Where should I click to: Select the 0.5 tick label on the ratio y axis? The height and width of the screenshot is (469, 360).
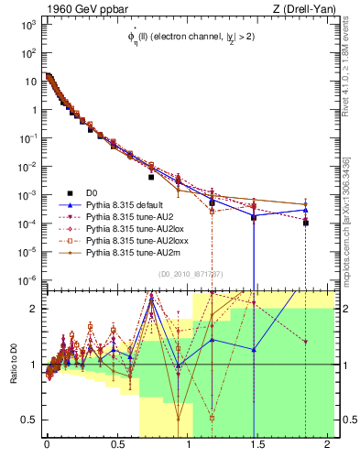[x=27, y=420]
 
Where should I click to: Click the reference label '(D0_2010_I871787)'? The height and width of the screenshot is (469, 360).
[x=191, y=275]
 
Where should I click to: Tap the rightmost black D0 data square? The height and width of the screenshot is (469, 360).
[x=306, y=223]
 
